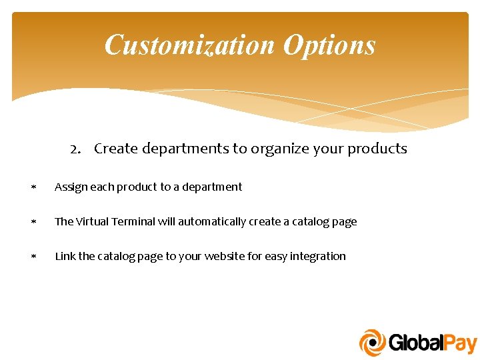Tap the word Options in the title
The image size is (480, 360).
coord(329,45)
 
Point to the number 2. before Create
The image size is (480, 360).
coord(77,149)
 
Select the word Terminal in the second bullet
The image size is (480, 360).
coord(135,221)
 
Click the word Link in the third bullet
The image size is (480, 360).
coord(65,256)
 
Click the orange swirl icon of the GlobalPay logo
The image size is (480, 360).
coord(373,343)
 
